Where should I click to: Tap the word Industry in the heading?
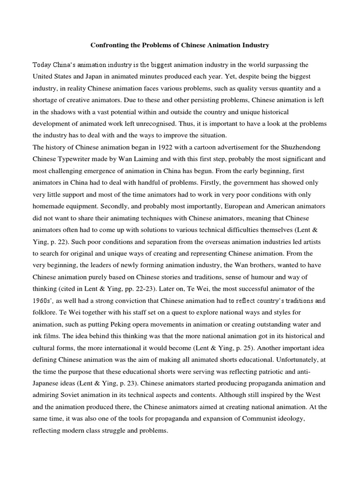coord(255,45)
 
